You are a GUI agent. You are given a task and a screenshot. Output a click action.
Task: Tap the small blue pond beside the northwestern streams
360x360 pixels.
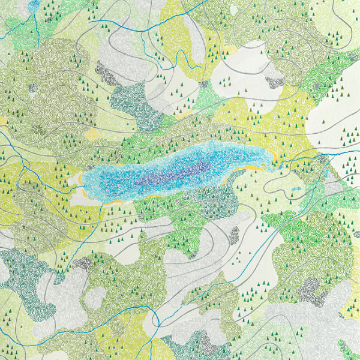point(34,5)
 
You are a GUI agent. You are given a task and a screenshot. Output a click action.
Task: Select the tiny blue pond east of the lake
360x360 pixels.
point(295,189)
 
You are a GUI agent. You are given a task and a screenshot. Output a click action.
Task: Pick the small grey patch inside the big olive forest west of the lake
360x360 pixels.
point(33,88)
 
